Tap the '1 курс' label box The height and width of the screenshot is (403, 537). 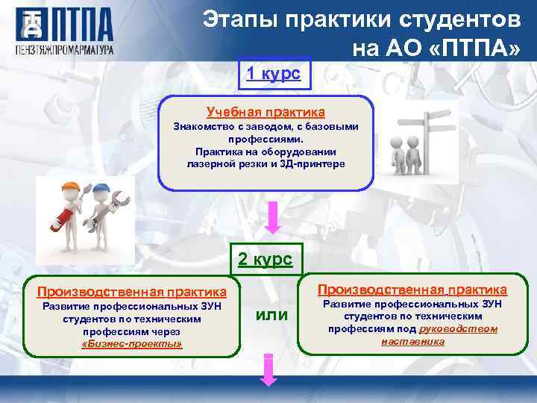274,73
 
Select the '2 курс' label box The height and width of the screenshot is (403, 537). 265,260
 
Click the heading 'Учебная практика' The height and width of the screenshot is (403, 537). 266,112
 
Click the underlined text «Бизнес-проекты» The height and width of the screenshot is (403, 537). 131,343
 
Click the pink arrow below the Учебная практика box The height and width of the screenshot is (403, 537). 274,216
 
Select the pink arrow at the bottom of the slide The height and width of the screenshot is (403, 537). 268,372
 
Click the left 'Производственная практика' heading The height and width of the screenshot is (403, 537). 131,291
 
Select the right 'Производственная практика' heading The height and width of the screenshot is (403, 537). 412,289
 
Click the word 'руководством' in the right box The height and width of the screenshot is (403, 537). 459,328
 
